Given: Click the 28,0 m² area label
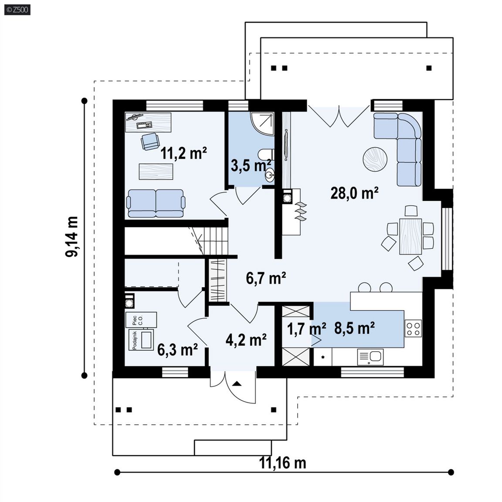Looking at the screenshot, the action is (x=354, y=193).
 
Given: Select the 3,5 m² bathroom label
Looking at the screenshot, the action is (x=251, y=166).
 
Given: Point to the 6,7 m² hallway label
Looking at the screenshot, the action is (x=266, y=278).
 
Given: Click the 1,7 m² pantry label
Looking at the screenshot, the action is (x=306, y=329).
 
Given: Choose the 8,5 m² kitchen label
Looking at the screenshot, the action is (x=354, y=328).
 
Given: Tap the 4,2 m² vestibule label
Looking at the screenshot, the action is (x=246, y=340).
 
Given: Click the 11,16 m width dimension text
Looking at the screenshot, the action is (x=282, y=463).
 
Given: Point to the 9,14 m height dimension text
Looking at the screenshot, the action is (x=72, y=237).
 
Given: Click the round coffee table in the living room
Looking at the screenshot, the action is (x=375, y=159).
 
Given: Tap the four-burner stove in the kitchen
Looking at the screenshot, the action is (x=413, y=329).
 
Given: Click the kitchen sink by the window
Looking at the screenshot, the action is (x=370, y=357).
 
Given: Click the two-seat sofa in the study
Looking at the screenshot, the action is (x=156, y=204).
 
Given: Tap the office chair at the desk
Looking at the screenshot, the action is (x=150, y=142).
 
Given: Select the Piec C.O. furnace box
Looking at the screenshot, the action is (x=141, y=319).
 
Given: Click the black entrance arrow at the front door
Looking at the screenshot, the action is (x=237, y=383).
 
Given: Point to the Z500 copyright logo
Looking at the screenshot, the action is (x=17, y=10).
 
